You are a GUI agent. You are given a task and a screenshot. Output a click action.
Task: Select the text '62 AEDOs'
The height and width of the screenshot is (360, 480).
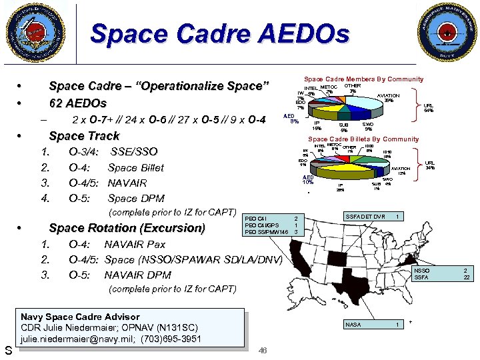pyautogui.click(x=78, y=104)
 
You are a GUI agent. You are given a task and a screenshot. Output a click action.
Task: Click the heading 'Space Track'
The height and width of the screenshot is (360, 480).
pyautogui.click(x=84, y=136)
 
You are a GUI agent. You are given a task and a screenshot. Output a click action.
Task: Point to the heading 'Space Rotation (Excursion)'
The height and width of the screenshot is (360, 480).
pyautogui.click(x=127, y=228)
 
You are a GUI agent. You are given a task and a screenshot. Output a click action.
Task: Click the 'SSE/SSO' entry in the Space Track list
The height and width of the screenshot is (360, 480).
pyautogui.click(x=134, y=152)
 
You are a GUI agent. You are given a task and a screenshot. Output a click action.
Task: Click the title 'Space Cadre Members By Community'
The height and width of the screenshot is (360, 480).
pyautogui.click(x=363, y=79)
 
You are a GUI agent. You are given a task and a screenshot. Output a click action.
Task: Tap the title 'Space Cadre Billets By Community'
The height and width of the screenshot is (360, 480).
pyautogui.click(x=363, y=139)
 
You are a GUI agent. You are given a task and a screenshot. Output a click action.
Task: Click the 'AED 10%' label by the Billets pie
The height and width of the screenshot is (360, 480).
pyautogui.click(x=307, y=179)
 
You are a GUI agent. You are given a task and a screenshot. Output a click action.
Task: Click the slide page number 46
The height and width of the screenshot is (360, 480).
pyautogui.click(x=263, y=351)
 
